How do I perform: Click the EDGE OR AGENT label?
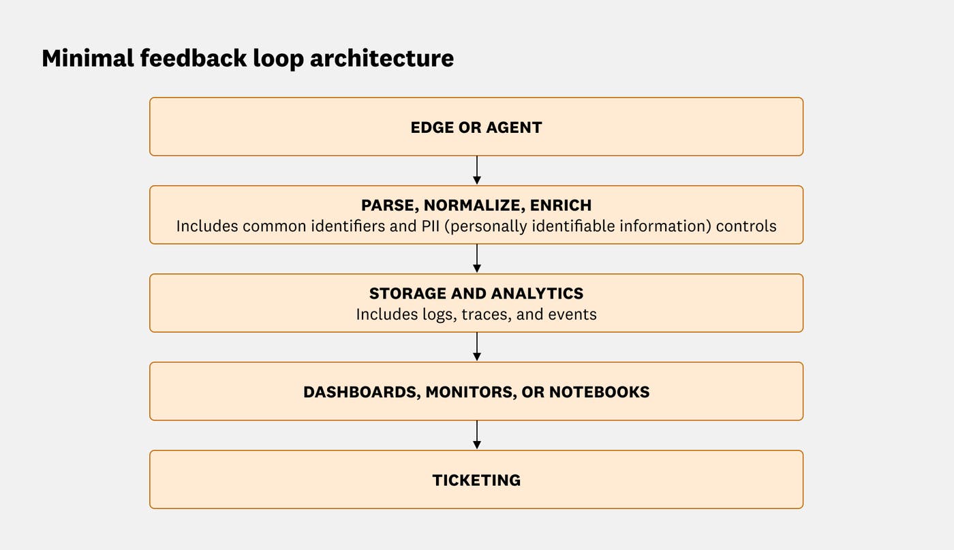(x=476, y=127)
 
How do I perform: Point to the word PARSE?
(x=386, y=205)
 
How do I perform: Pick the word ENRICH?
(x=562, y=205)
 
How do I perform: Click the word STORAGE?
(x=407, y=294)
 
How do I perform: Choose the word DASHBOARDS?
(x=359, y=393)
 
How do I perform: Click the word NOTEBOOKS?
(x=599, y=393)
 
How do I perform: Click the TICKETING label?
(x=476, y=480)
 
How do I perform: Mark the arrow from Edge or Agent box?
(x=476, y=170)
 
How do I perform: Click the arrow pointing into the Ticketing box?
(x=476, y=435)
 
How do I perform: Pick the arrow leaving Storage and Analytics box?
(x=476, y=347)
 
